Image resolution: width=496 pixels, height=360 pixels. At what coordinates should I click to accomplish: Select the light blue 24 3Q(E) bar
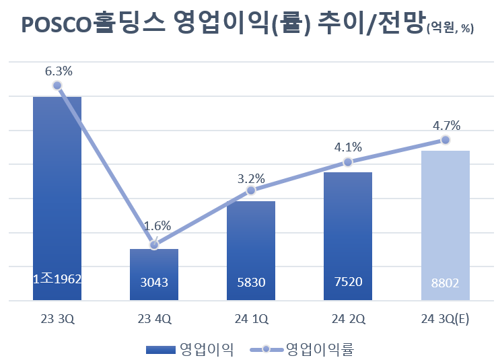pyautogui.click(x=445, y=225)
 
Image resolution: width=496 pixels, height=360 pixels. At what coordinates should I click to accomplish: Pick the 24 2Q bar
pyautogui.click(x=347, y=236)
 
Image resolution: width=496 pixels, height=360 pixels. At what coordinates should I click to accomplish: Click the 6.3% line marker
pyautogui.click(x=57, y=85)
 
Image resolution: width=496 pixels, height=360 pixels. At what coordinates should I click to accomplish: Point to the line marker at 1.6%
pyautogui.click(x=154, y=245)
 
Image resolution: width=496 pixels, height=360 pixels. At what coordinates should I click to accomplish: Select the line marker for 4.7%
pyautogui.click(x=445, y=139)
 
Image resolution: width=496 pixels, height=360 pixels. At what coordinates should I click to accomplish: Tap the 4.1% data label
pyautogui.click(x=348, y=147)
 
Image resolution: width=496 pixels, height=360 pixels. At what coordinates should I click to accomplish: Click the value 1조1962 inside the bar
pyautogui.click(x=57, y=279)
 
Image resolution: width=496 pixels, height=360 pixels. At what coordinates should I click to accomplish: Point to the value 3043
pyautogui.click(x=154, y=283)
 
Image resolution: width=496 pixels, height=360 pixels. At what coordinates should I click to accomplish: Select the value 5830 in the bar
pyautogui.click(x=250, y=283)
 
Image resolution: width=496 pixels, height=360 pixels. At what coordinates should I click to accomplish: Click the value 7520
pyautogui.click(x=347, y=282)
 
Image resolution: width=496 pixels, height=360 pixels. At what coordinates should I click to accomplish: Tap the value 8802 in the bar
pyautogui.click(x=444, y=283)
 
